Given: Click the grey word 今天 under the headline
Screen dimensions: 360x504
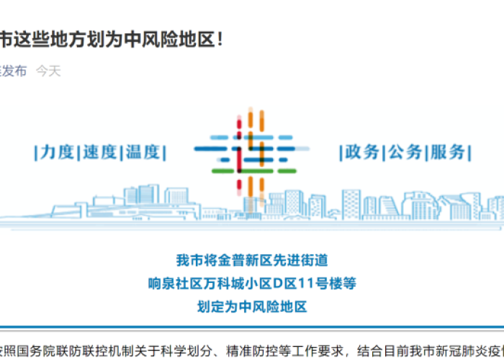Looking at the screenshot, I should tap(49, 71).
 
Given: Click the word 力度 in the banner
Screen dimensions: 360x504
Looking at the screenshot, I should tap(58, 152).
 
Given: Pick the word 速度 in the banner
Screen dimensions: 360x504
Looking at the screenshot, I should tap(100, 152).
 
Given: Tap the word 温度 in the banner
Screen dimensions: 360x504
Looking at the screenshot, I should tap(143, 152).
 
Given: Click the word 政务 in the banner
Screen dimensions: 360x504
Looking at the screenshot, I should tap(361, 152).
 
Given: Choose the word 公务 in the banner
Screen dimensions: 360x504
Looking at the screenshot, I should tap(405, 152).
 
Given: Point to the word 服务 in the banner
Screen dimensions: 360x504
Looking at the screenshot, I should tap(448, 152).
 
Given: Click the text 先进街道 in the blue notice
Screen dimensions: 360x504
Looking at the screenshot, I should tap(305, 260).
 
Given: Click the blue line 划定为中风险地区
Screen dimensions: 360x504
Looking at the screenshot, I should tap(252, 307).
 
